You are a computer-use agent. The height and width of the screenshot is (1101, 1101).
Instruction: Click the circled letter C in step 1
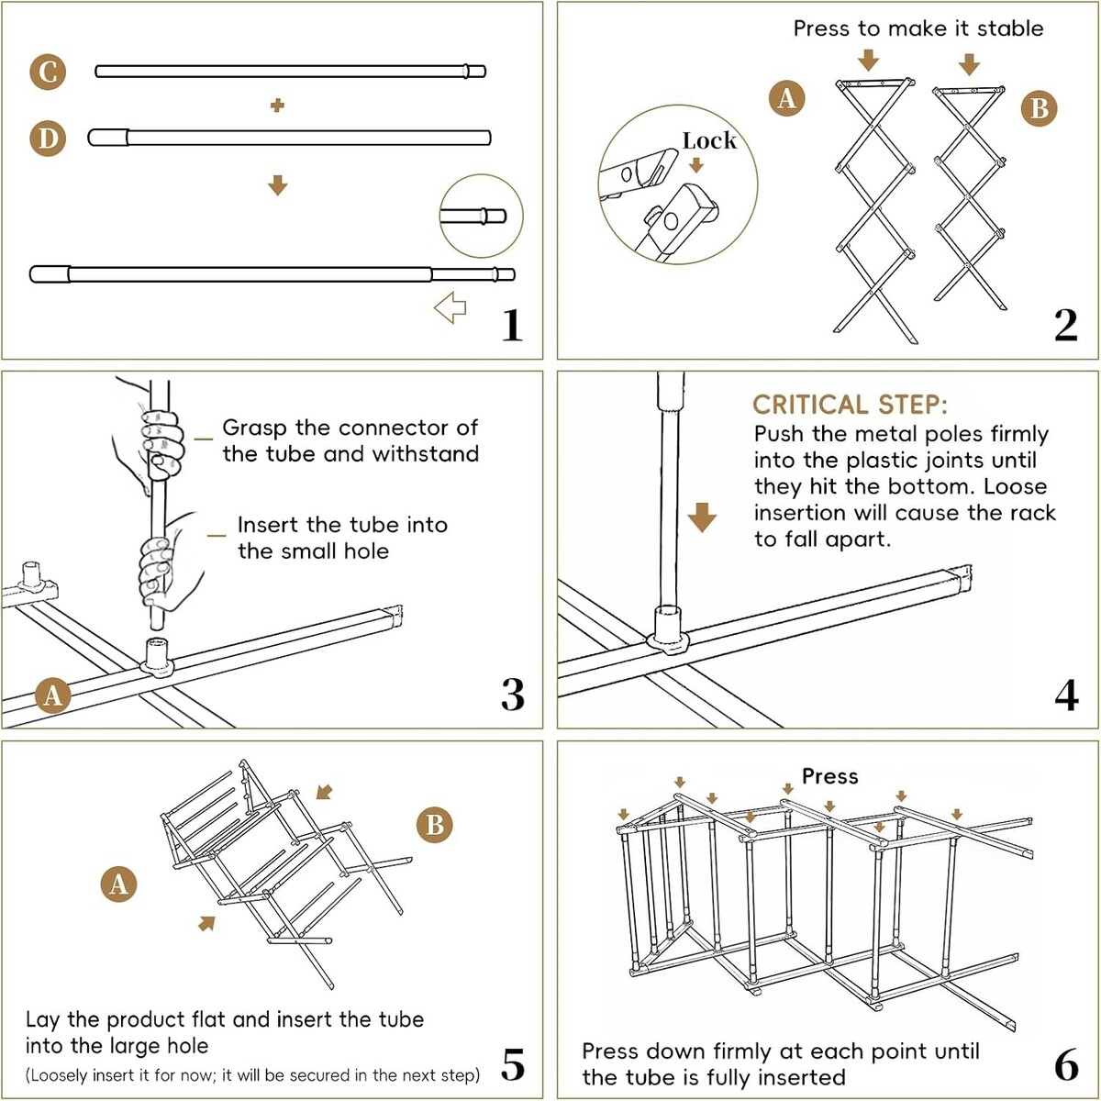[48, 72]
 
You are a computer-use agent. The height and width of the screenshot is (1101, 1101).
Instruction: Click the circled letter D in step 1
[48, 139]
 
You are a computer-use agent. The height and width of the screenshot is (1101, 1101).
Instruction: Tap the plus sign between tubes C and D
[277, 106]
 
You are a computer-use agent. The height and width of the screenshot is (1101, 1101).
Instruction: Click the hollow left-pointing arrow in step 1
[450, 307]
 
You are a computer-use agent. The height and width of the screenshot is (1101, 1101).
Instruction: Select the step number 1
[512, 325]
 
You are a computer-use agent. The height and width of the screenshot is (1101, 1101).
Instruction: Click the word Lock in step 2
[709, 140]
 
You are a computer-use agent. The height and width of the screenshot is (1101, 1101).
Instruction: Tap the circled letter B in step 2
[1039, 108]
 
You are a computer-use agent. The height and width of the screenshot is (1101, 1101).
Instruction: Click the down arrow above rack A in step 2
[868, 61]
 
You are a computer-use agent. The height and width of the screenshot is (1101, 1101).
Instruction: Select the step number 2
[1065, 325]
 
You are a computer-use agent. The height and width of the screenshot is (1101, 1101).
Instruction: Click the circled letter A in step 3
[52, 695]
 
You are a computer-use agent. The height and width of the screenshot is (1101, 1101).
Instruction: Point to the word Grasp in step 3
[254, 428]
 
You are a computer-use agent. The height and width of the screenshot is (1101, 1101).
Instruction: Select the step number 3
[512, 695]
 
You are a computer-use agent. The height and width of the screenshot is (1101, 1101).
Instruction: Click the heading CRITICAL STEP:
[850, 405]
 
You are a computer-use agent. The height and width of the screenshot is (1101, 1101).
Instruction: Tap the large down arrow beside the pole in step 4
[702, 517]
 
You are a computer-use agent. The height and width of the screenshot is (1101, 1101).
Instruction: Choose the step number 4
[1066, 695]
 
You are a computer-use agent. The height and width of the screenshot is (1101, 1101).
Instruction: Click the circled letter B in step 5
[435, 825]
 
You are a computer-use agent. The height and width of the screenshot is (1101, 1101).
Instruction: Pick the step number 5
[512, 1064]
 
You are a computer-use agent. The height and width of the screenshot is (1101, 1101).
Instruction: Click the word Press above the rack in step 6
[829, 776]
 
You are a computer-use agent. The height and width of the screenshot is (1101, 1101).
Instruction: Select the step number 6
[1066, 1064]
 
